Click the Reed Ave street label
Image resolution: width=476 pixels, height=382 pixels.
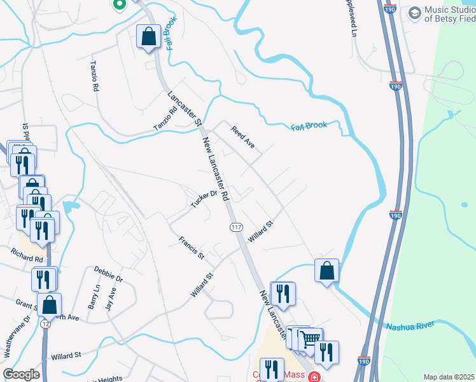243,137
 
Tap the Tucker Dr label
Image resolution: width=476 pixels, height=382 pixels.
204,199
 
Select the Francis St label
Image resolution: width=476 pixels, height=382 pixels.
191,248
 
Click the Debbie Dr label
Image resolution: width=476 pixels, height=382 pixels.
108,274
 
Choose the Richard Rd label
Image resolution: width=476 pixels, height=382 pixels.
27,256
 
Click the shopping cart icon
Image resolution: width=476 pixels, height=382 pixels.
310,339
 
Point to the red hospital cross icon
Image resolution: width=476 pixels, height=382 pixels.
314,377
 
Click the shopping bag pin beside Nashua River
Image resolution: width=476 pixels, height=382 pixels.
326,271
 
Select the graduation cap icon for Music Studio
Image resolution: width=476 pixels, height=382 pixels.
414,12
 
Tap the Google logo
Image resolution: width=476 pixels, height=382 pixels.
21,374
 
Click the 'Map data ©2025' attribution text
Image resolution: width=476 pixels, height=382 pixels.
449,377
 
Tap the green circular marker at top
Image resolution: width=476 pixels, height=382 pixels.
118,4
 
